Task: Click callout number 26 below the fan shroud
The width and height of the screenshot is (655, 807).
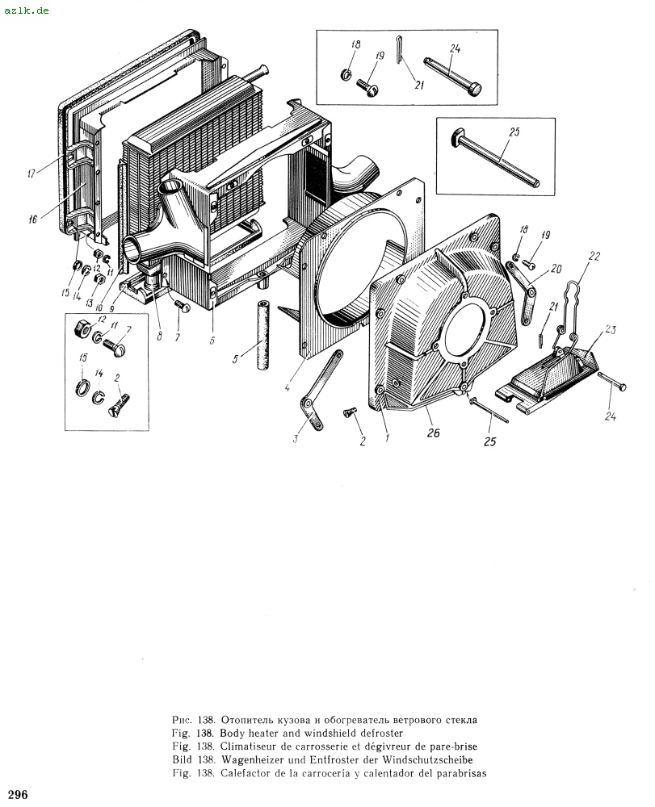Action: point(434,433)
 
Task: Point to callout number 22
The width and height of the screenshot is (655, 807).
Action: point(594,256)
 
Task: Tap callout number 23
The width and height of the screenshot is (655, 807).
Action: point(611,329)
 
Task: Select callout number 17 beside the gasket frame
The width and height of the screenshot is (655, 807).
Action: point(32,174)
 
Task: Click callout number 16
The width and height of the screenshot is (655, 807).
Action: point(33,220)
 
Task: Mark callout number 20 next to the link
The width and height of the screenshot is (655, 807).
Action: point(556,268)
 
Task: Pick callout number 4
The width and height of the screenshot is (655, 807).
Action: point(288,388)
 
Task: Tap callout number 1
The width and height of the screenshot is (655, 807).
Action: point(387,438)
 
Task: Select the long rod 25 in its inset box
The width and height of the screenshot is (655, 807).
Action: point(496,157)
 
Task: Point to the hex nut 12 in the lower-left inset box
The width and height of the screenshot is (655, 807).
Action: point(83,327)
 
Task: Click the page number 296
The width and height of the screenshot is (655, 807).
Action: point(18,794)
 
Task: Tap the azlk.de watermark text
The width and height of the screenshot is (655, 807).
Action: point(27,10)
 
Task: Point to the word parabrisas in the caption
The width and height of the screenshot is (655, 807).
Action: point(461,773)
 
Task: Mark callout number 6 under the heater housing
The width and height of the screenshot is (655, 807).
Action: point(212,341)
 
